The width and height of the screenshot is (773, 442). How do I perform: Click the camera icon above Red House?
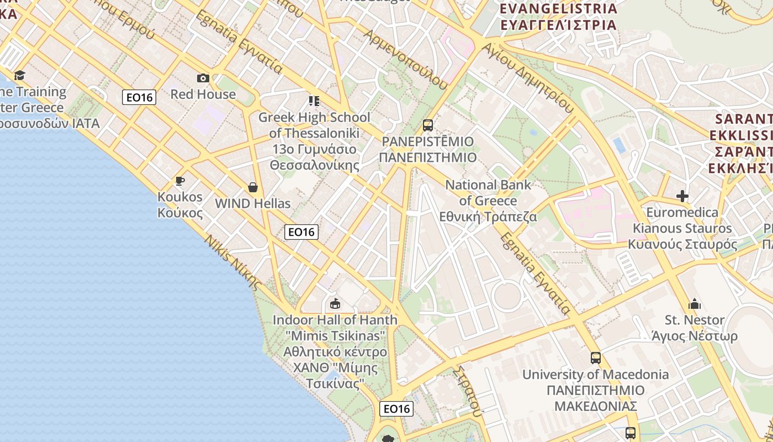pos(203,78)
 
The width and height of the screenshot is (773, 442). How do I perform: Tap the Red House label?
pos(203,94)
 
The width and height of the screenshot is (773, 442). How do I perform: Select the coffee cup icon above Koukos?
pos(179,181)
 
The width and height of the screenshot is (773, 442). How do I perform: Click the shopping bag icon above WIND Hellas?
pos(253,187)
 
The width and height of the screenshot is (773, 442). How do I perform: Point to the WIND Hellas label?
pos(253,203)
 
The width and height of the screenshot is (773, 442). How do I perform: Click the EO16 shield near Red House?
pos(139,98)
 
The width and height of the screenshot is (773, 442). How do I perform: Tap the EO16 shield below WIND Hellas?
pos(301,232)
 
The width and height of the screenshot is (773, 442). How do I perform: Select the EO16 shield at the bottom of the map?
pos(396,409)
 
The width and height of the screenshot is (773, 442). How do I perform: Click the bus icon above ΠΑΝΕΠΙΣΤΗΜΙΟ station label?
pos(428,125)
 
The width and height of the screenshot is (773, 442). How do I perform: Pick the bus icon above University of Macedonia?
pos(595,358)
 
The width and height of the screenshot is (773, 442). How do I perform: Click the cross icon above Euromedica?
pos(682,196)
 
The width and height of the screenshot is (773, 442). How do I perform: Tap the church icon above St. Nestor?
pos(695,304)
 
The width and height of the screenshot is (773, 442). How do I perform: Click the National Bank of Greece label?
pos(488,201)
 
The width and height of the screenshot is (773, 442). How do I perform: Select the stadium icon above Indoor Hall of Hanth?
pos(335,303)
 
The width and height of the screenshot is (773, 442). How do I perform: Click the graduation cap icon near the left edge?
pos(20,75)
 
